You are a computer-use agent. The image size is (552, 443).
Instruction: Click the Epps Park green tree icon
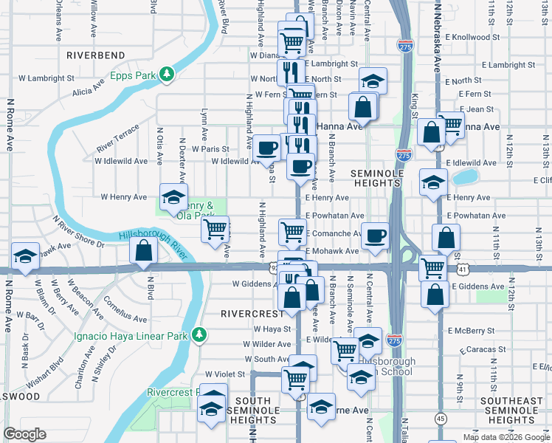(168, 74)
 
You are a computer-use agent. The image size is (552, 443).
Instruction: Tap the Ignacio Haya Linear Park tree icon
(199, 336)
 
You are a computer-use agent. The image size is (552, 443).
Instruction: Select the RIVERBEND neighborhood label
(96, 55)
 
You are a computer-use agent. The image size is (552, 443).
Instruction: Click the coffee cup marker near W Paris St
(266, 147)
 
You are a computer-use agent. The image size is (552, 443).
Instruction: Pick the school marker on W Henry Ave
(173, 196)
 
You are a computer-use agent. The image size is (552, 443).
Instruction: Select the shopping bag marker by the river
(143, 251)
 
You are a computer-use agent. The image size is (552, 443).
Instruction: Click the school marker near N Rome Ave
(26, 256)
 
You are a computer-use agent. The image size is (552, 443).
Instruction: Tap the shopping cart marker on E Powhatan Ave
(292, 232)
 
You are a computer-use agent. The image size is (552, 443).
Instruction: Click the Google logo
(24, 434)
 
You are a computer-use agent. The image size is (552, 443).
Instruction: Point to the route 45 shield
(440, 418)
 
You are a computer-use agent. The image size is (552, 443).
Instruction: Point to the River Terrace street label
(117, 139)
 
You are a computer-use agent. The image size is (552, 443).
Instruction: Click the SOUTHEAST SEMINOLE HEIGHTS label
(511, 411)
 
